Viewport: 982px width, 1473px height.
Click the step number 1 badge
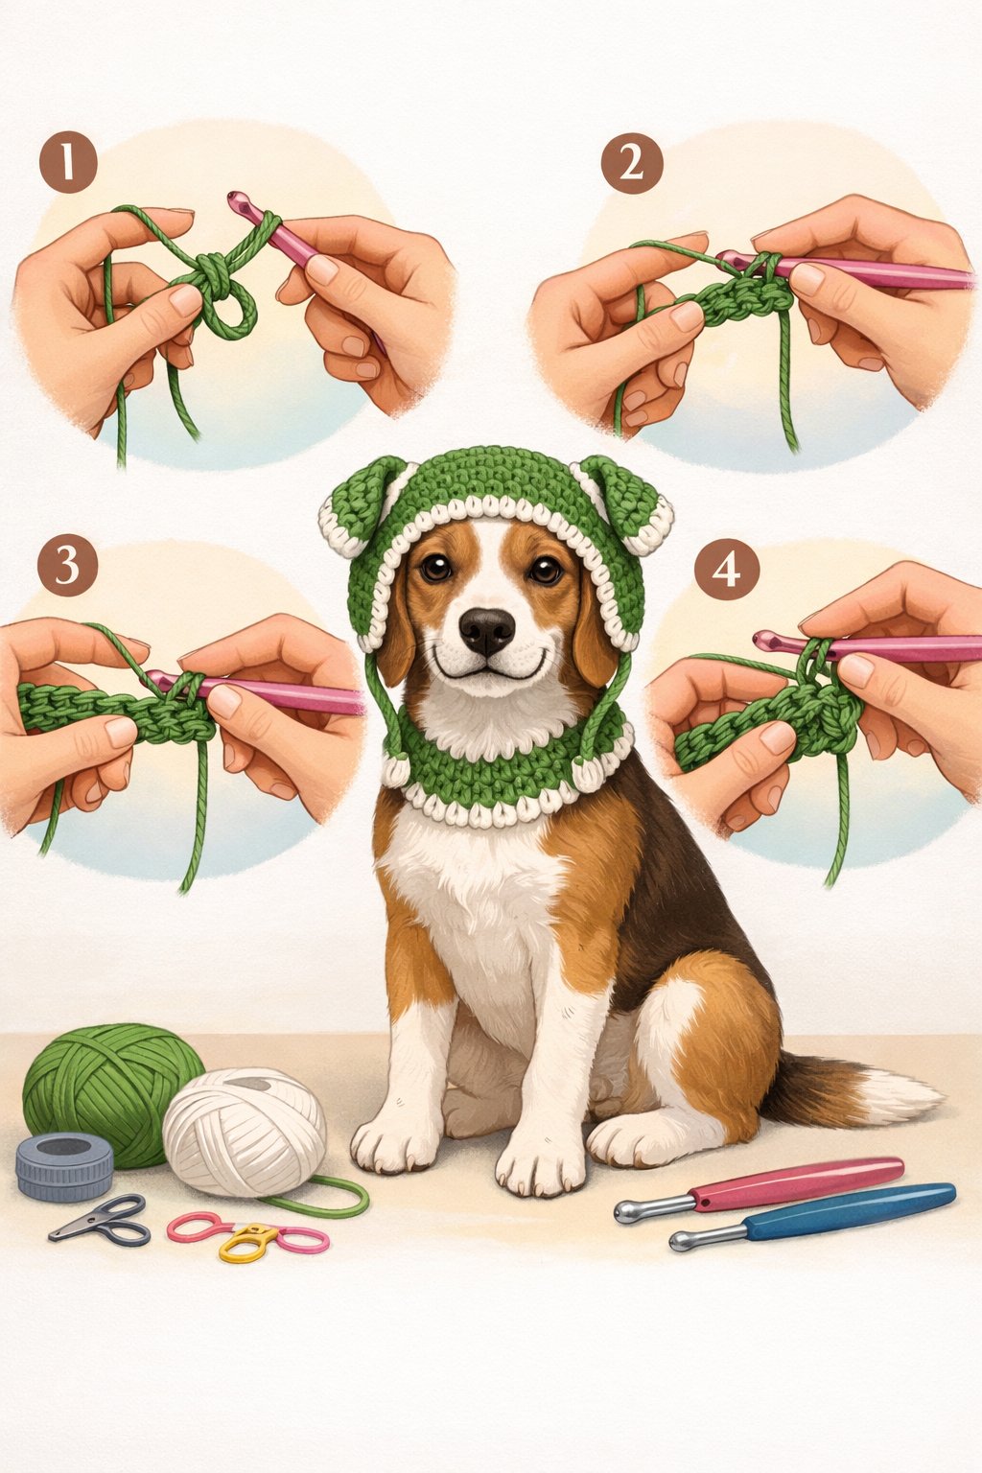point(68,162)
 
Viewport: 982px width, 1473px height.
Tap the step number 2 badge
point(631,164)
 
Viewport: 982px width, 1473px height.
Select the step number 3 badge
point(67,565)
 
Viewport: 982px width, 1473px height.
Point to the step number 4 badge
point(726,571)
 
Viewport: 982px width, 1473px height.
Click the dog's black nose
point(486,629)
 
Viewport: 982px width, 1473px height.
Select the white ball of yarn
point(245,1132)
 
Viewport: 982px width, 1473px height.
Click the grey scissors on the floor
point(101,1220)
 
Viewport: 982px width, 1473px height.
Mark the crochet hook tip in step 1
point(235,200)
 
